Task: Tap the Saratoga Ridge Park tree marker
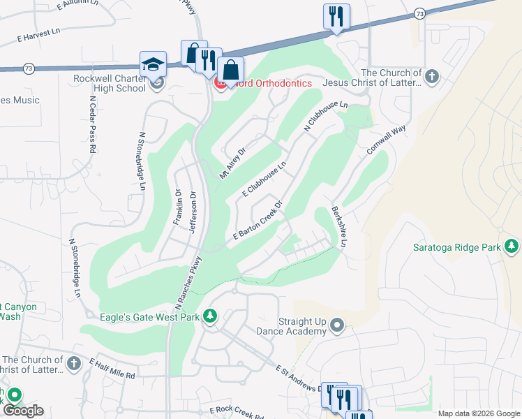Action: pos(512,246)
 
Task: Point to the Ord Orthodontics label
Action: pos(268,83)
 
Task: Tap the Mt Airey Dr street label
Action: pos(234,163)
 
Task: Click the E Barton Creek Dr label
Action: pos(258,221)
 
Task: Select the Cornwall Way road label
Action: pos(386,142)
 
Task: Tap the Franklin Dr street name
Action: pos(178,207)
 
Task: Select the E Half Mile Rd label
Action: pos(112,369)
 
